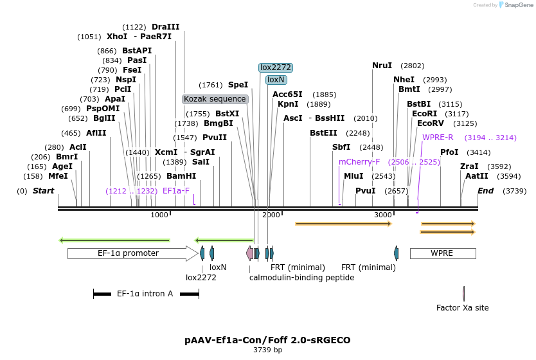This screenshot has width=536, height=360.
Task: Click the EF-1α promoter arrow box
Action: [129, 253]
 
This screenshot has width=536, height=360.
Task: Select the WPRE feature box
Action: [442, 253]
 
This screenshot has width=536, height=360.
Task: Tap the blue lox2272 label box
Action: [276, 67]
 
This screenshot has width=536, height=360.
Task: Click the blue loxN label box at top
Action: [276, 80]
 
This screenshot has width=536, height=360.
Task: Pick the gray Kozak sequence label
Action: [215, 99]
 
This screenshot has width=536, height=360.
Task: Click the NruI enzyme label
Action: [382, 66]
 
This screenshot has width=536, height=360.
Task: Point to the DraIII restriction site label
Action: [166, 27]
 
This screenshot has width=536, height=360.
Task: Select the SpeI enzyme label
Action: [238, 85]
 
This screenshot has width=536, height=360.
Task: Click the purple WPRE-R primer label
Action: [438, 138]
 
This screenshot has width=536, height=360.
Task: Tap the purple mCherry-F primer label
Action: [359, 162]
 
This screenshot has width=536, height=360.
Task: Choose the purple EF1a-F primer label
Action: [176, 191]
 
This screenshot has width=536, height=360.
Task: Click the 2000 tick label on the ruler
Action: [271, 215]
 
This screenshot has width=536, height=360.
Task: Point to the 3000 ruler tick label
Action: [383, 215]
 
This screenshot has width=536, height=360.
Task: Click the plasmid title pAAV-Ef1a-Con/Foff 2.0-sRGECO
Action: [267, 339]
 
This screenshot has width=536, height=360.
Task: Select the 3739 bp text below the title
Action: [267, 350]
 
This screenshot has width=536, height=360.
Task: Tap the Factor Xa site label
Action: [462, 308]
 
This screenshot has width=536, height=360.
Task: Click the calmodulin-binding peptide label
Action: [301, 278]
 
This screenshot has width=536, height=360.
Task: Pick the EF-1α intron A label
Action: [145, 294]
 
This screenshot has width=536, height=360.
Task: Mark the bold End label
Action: [486, 191]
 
